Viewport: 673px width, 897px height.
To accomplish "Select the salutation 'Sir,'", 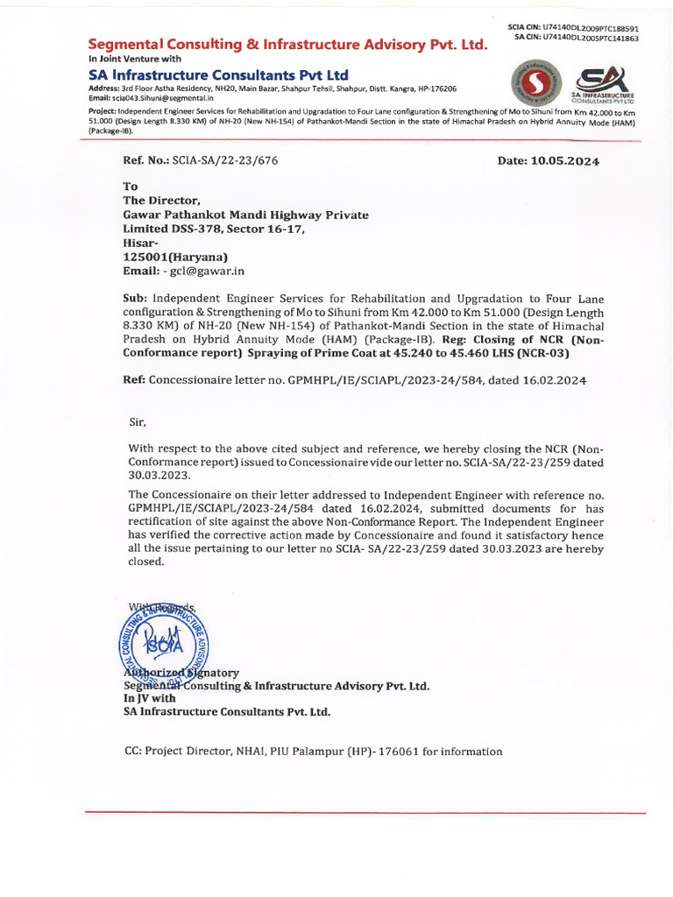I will point(138,421).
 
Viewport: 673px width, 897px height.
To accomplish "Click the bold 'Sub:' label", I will point(135,299).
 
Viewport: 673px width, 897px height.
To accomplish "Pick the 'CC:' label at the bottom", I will point(133,752).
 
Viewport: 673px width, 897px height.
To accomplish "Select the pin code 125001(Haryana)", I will point(174,257).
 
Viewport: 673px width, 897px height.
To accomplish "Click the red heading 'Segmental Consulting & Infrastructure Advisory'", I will point(287,44).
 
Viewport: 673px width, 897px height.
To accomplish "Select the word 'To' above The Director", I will point(131,187).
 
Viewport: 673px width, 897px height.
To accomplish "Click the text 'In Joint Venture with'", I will point(135,59).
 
